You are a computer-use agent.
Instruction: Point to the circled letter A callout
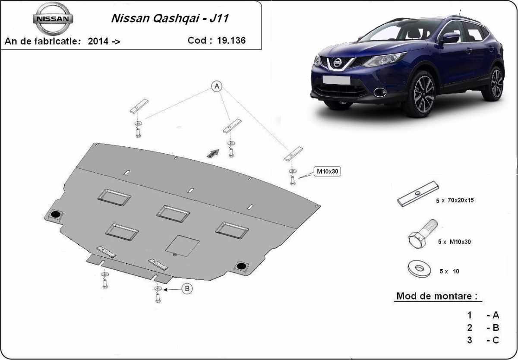216,87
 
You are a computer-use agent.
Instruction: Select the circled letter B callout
186,289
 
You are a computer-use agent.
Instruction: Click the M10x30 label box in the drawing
328,171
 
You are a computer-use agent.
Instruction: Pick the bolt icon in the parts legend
423,236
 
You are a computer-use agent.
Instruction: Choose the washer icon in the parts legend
419,268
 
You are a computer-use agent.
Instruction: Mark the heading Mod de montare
437,297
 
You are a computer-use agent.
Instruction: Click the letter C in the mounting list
495,340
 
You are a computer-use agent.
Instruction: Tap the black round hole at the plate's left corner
56,214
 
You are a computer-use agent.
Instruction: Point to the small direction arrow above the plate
212,153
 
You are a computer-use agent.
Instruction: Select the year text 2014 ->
104,41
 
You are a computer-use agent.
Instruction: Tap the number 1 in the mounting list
470,315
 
